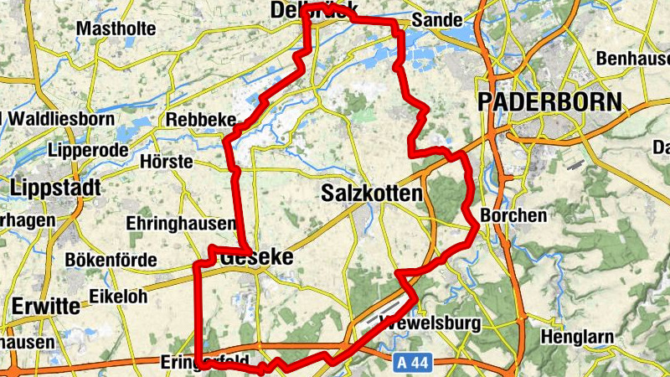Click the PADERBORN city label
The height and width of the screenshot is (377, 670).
pyautogui.click(x=550, y=103)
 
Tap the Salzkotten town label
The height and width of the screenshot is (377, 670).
pyautogui.click(x=371, y=194)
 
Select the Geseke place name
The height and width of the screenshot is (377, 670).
pyautogui.click(x=257, y=258)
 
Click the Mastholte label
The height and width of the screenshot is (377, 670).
pyautogui.click(x=116, y=28)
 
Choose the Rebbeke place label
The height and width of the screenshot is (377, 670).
pyautogui.click(x=201, y=120)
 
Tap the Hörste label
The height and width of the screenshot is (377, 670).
pyautogui.click(x=167, y=161)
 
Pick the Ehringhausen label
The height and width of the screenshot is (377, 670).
pyautogui.click(x=180, y=224)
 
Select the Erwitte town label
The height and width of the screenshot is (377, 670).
pyautogui.click(x=45, y=306)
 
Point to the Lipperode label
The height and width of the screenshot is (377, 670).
pyautogui.click(x=89, y=150)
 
